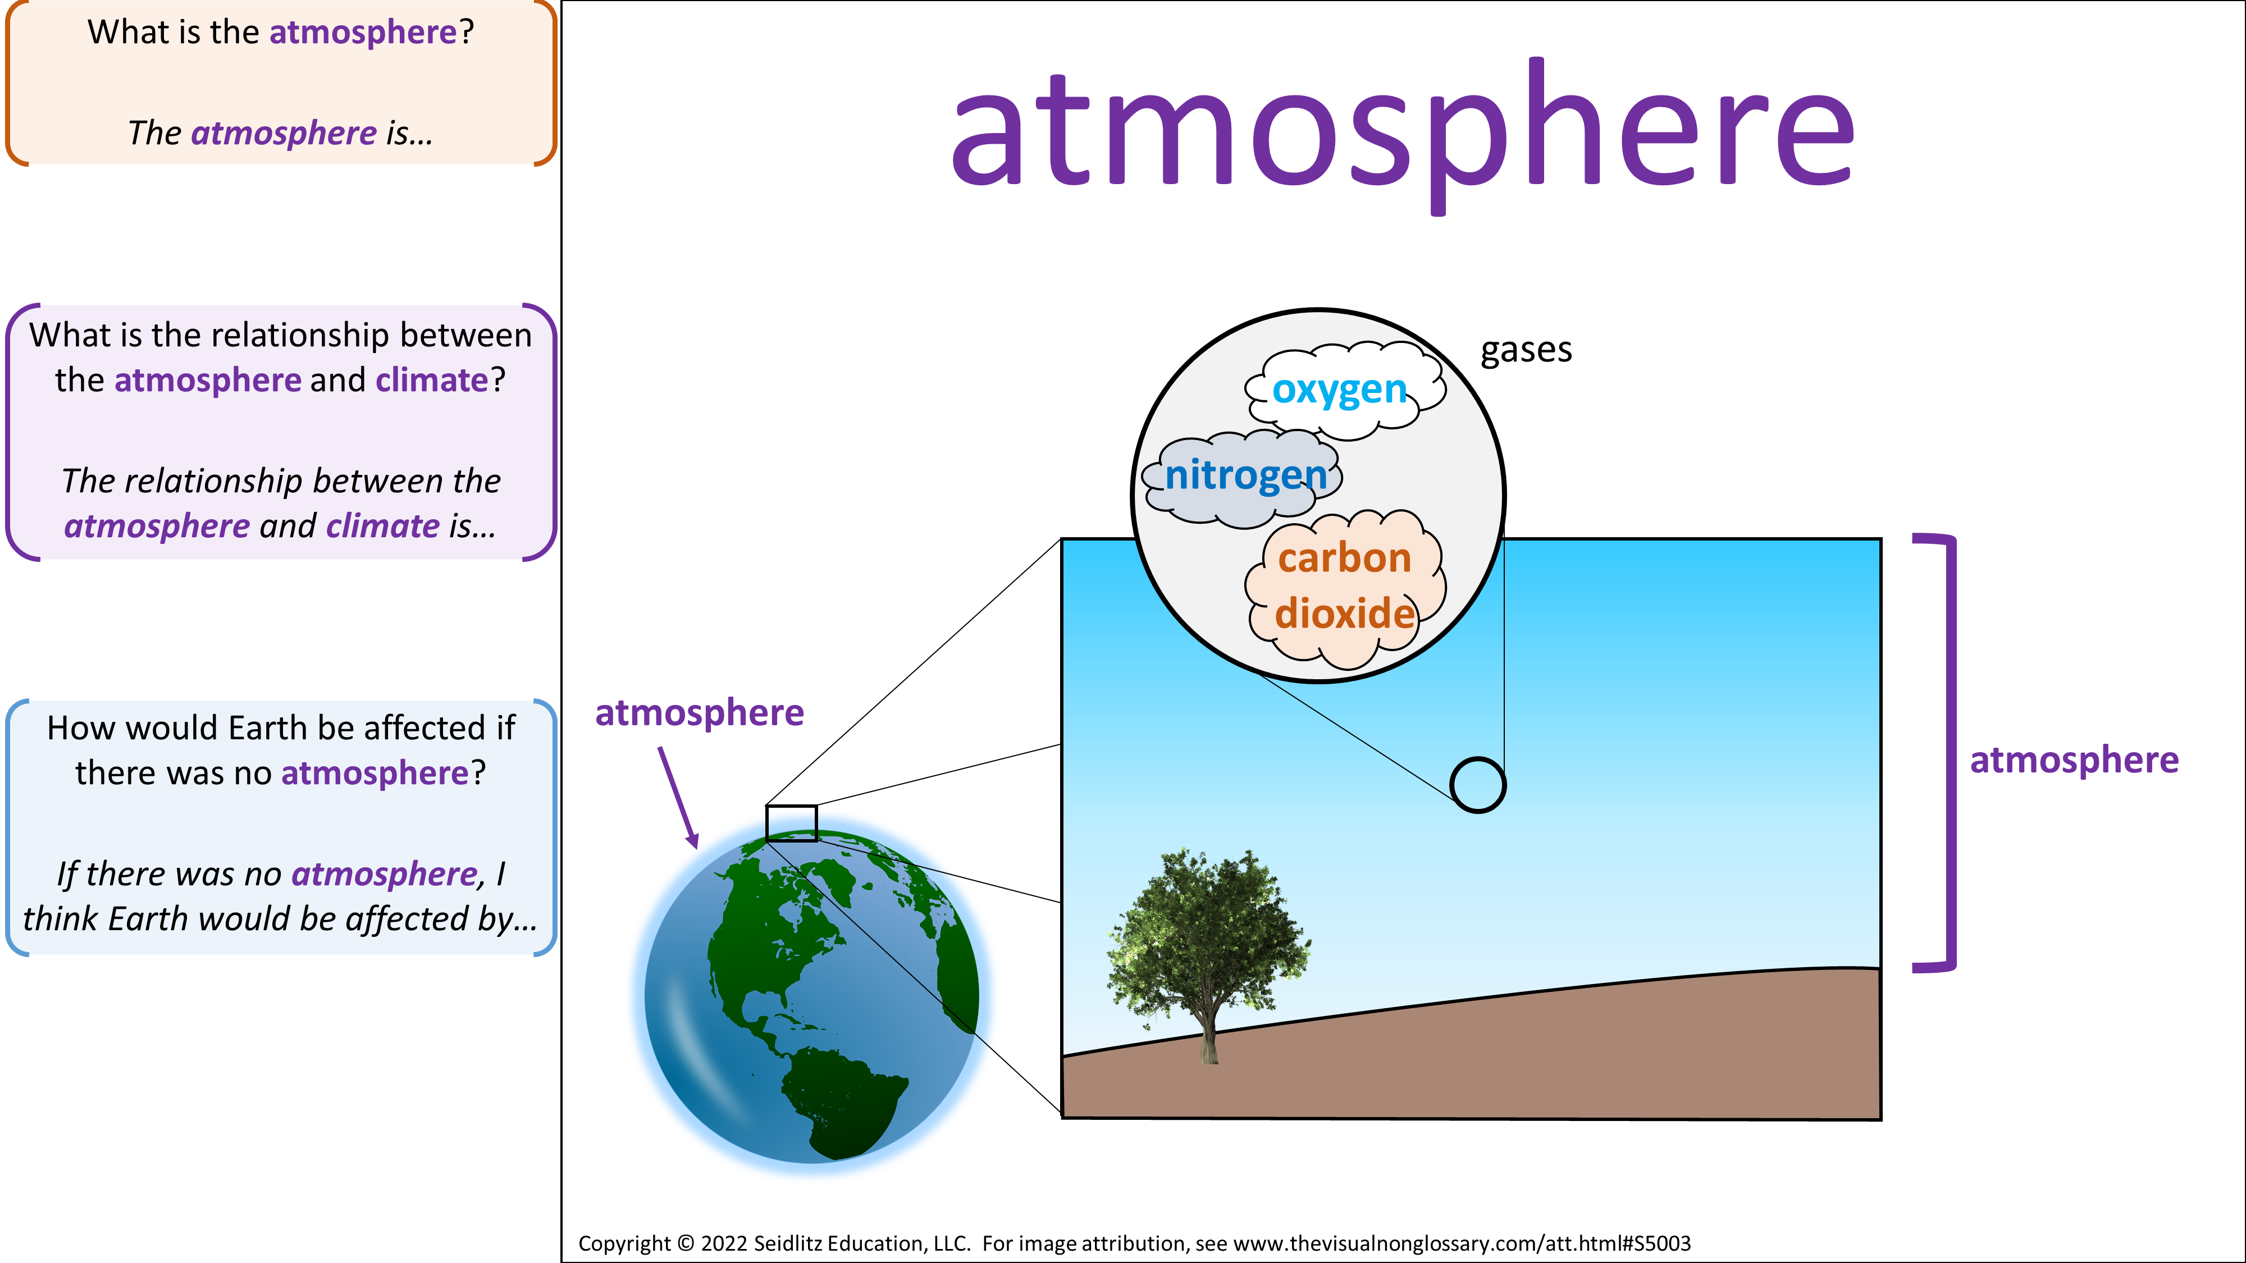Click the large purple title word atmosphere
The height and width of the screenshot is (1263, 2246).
pyautogui.click(x=1402, y=131)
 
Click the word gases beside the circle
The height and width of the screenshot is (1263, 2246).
pyautogui.click(x=1526, y=350)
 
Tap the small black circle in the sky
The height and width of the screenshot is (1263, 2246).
pyautogui.click(x=1477, y=785)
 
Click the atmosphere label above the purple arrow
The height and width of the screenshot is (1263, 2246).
pyautogui.click(x=699, y=713)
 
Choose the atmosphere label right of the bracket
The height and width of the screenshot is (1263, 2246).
pyautogui.click(x=2074, y=760)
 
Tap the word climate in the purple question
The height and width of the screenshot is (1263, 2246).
pyautogui.click(x=432, y=380)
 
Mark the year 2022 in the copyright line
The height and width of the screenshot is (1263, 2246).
pyautogui.click(x=724, y=1244)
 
